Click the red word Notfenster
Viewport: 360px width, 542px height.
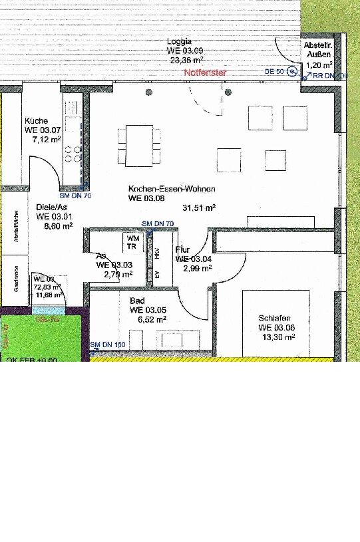(x=206, y=72)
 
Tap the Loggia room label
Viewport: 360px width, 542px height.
(x=180, y=41)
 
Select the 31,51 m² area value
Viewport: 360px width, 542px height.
(x=201, y=208)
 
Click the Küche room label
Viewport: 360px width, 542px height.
(x=36, y=121)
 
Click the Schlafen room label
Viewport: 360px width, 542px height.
(x=275, y=319)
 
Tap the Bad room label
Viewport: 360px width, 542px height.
(x=137, y=301)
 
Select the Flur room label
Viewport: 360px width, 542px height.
(x=182, y=250)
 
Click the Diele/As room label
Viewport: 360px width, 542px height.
(x=50, y=206)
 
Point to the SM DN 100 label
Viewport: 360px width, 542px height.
(x=108, y=344)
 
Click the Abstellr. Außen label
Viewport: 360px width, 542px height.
(x=317, y=51)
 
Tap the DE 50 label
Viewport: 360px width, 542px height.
(x=274, y=71)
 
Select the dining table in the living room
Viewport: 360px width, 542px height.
(x=139, y=145)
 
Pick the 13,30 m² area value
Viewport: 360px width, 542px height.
(x=279, y=337)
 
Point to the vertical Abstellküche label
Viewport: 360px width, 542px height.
(x=15, y=227)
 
